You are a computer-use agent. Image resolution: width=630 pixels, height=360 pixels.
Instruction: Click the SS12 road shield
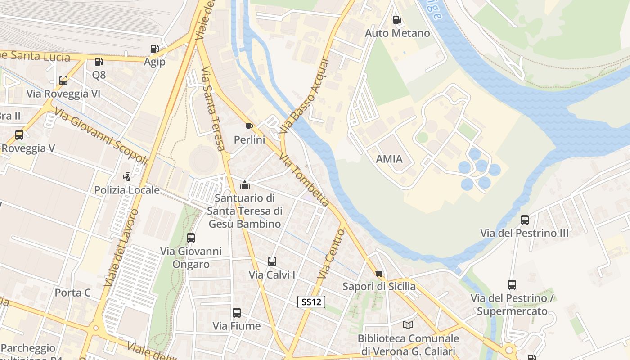(311, 302)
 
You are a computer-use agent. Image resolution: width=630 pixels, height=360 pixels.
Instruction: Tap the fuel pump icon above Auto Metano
(397, 19)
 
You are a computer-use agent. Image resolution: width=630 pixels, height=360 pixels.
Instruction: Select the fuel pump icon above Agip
(154, 48)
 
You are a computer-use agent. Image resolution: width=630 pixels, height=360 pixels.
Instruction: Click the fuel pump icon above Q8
(99, 61)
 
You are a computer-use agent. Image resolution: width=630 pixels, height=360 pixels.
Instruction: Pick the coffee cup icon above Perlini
(249, 126)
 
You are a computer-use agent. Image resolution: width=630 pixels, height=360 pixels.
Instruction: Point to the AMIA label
(389, 159)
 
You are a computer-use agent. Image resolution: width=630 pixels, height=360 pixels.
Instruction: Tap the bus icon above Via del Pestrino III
(524, 220)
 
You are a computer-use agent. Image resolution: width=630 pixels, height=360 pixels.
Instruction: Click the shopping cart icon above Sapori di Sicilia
(379, 273)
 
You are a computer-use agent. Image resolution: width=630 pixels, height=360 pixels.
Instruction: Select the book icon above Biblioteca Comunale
(408, 325)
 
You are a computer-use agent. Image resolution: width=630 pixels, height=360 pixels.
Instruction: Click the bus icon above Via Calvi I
(272, 261)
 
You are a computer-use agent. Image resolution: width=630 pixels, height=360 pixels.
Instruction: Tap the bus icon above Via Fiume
(236, 312)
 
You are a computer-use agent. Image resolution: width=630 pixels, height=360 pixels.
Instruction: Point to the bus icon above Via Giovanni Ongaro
(191, 238)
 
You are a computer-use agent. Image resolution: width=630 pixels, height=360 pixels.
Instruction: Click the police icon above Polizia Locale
(127, 176)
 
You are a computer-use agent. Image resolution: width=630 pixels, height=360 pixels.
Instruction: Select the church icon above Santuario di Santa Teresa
(245, 184)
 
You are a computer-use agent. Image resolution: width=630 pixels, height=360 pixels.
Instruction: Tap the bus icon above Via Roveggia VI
(63, 81)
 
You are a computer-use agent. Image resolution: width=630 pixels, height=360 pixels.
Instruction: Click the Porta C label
(73, 293)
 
